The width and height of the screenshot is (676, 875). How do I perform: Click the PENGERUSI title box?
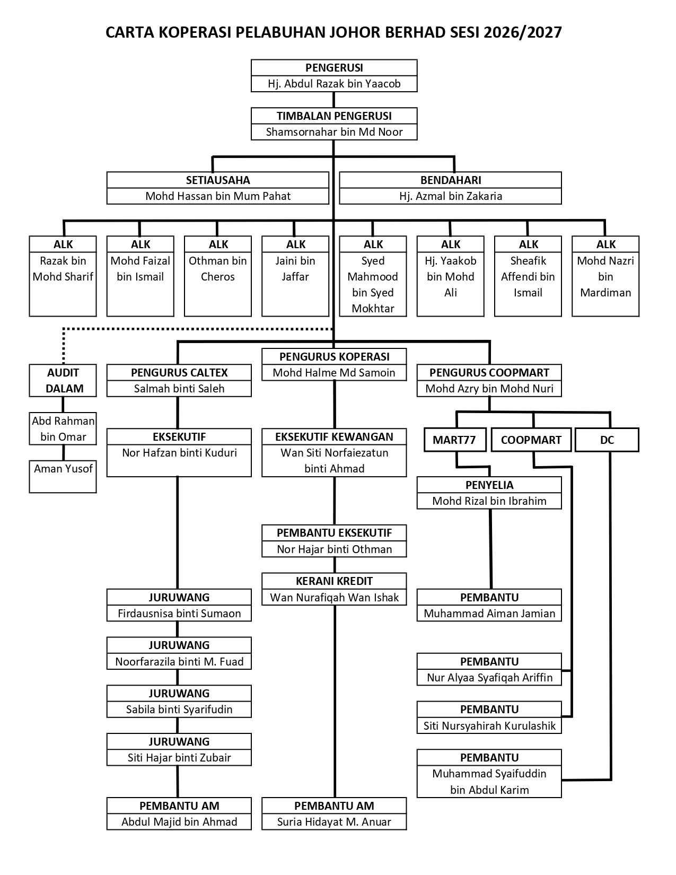click(334, 68)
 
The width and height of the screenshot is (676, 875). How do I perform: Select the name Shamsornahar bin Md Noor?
click(334, 132)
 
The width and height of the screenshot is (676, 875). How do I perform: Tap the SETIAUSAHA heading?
click(218, 180)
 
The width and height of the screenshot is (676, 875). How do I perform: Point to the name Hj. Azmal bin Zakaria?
click(451, 196)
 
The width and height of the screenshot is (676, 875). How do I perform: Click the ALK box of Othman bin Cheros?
click(218, 276)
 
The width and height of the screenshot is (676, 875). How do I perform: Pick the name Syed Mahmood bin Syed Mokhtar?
click(373, 284)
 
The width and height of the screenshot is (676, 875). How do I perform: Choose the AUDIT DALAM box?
click(63, 381)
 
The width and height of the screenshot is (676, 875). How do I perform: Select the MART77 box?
click(455, 440)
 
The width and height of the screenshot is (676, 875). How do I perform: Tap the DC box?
click(607, 440)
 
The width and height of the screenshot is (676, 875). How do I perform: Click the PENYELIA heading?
click(489, 485)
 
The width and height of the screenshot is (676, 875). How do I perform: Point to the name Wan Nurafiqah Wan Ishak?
click(334, 598)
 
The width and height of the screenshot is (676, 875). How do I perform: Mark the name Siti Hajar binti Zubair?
click(179, 758)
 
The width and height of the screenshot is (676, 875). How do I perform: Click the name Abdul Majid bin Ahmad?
click(179, 822)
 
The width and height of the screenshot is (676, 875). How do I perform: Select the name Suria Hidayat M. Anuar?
click(334, 822)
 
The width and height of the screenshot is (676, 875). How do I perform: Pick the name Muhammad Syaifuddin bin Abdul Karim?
click(489, 782)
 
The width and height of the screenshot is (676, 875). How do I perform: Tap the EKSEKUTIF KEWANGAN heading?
click(334, 437)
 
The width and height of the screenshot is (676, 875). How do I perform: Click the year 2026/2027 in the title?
click(523, 32)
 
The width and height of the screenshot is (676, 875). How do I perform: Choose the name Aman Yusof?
click(63, 469)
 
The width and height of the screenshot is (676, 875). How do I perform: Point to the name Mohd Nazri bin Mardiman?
click(605, 277)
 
